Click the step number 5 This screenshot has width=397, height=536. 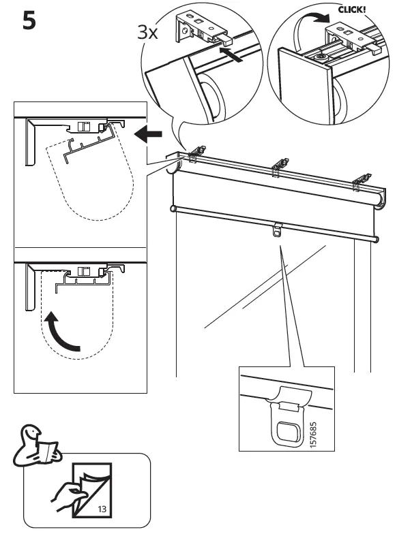click(x=29, y=21)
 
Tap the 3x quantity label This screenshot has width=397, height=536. click(x=148, y=31)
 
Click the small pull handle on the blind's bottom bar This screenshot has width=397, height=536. click(x=276, y=230)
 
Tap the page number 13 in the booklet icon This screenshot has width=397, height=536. click(x=102, y=508)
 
